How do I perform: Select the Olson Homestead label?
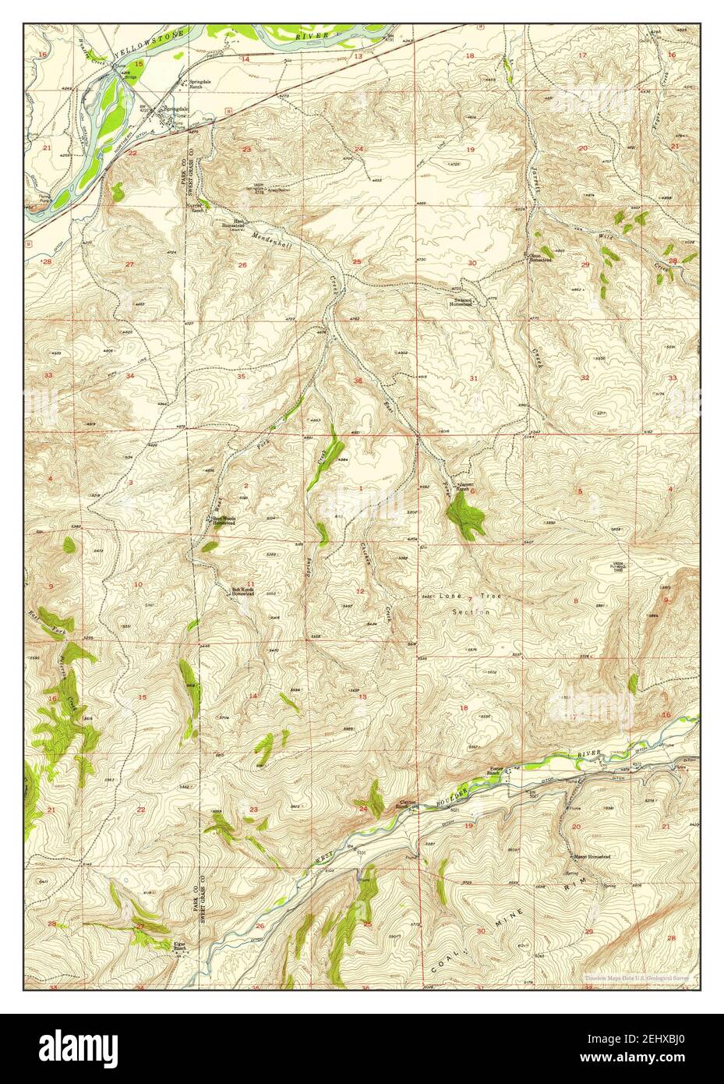[x=540, y=257]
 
